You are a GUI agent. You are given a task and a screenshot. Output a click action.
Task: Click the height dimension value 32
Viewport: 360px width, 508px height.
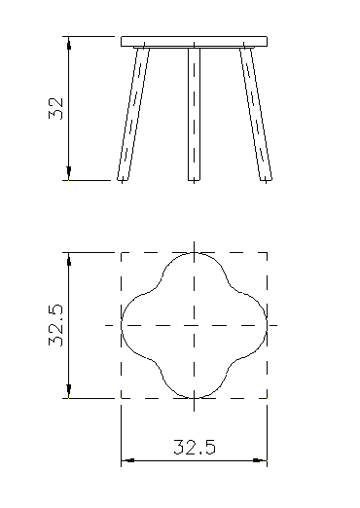coord(55,108)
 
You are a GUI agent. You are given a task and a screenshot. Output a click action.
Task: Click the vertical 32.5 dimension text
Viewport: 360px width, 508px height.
coord(55,325)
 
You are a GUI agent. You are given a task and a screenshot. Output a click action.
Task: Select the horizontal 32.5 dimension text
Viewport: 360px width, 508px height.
coord(195,447)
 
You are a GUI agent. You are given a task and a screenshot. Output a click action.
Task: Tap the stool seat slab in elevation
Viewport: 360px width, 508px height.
coord(195,42)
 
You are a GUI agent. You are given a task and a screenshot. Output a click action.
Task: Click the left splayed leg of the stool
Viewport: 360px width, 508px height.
coord(133,114)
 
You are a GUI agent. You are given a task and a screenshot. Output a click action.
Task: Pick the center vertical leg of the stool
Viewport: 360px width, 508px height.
coord(195,114)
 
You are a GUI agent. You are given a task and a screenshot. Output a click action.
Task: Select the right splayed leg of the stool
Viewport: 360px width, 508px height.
coord(256,114)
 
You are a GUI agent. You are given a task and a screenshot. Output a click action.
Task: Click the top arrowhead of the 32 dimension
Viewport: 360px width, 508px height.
coord(69,43)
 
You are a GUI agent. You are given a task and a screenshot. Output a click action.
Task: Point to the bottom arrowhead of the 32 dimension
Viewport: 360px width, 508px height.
coord(69,173)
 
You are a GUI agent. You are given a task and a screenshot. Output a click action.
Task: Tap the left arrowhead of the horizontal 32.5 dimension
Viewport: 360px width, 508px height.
coord(128,460)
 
